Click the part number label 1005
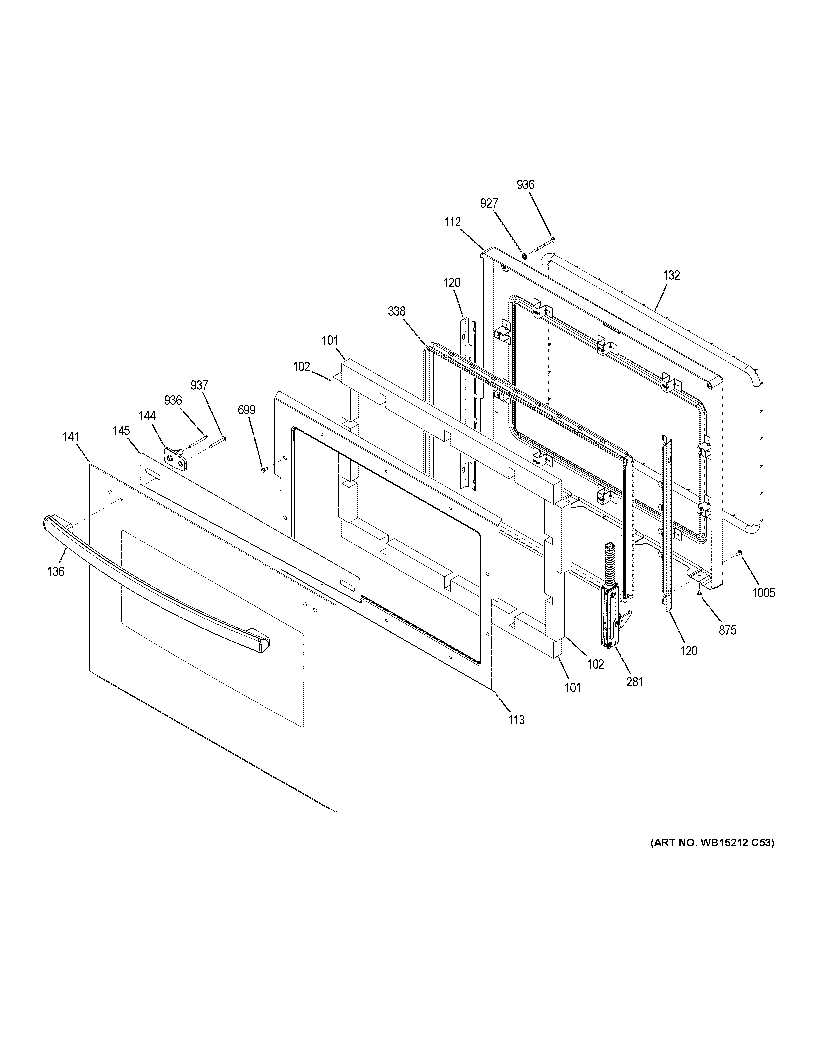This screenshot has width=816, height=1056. click(763, 593)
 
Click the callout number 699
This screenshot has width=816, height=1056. click(247, 410)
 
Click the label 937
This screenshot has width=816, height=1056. click(199, 385)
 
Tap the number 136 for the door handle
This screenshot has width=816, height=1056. click(56, 572)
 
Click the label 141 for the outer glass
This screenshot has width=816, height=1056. click(71, 437)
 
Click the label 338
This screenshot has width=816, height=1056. click(396, 311)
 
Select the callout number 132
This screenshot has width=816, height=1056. click(671, 275)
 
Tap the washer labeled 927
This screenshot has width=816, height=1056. click(524, 255)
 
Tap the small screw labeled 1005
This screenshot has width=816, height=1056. click(739, 552)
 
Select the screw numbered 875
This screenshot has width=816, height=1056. click(699, 593)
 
